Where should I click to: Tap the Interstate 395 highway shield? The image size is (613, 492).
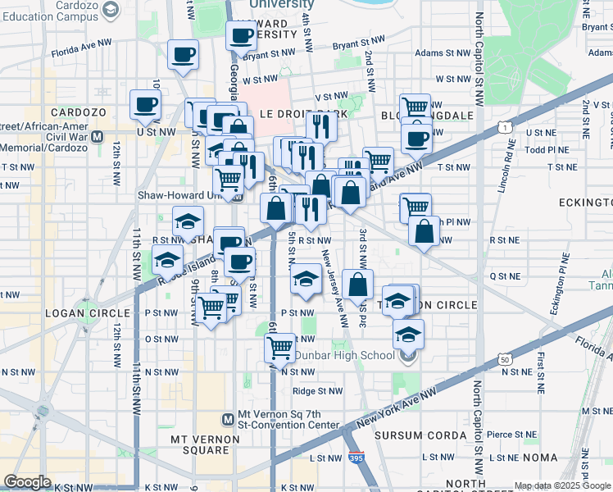pyautogui.click(x=354, y=464)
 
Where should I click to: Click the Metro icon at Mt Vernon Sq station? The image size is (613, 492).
pyautogui.click(x=229, y=419)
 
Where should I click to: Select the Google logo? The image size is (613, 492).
pyautogui.click(x=27, y=481)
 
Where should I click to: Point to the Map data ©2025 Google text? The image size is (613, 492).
pyautogui.click(x=562, y=486)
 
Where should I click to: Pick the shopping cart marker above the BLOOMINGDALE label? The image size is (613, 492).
pyautogui.click(x=415, y=106)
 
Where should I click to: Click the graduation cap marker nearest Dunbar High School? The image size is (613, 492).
pyautogui.click(x=407, y=335)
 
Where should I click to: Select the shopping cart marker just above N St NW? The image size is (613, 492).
pyautogui.click(x=280, y=348)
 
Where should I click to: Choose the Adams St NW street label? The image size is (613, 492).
pyautogui.click(x=434, y=52)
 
